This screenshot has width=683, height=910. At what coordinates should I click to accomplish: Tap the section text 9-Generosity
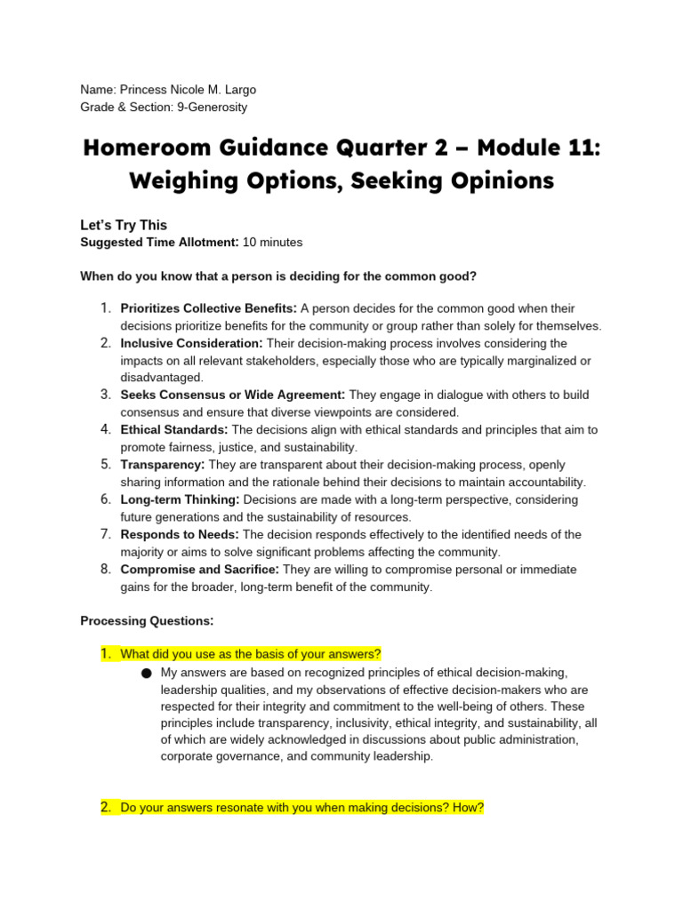[212, 108]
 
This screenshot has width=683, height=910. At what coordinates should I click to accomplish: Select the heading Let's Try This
[124, 225]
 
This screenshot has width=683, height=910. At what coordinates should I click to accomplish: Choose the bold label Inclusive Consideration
[191, 343]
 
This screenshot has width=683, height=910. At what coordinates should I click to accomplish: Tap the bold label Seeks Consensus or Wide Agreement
[233, 395]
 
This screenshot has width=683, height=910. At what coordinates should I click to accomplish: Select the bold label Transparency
[163, 465]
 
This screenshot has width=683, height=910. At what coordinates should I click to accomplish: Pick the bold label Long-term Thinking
[180, 499]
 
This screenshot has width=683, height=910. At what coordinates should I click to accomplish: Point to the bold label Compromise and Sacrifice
[200, 569]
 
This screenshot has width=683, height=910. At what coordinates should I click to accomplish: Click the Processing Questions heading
[147, 620]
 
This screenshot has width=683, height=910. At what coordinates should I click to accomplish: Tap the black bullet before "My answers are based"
[146, 674]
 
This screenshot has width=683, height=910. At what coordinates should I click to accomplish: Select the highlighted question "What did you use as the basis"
[250, 654]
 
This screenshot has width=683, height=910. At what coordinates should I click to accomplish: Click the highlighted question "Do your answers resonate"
[301, 808]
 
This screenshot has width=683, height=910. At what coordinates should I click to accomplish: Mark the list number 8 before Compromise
[105, 569]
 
